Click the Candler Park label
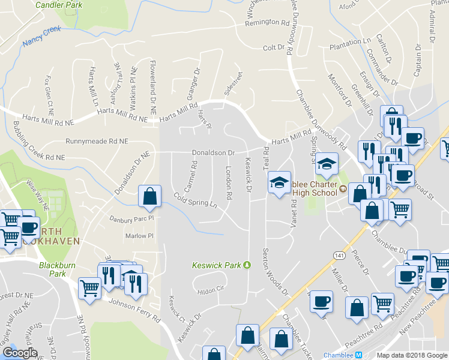(x=58, y=5)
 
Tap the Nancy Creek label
(x=42, y=36)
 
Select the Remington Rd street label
(x=267, y=23)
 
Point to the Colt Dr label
(x=273, y=47)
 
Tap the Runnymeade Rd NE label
(x=97, y=142)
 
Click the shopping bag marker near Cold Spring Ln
(x=149, y=196)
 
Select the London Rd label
(x=229, y=183)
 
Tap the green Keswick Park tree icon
(x=246, y=265)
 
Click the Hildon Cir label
(x=211, y=291)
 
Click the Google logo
(x=20, y=353)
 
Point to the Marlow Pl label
(x=140, y=236)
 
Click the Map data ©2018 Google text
(x=412, y=355)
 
